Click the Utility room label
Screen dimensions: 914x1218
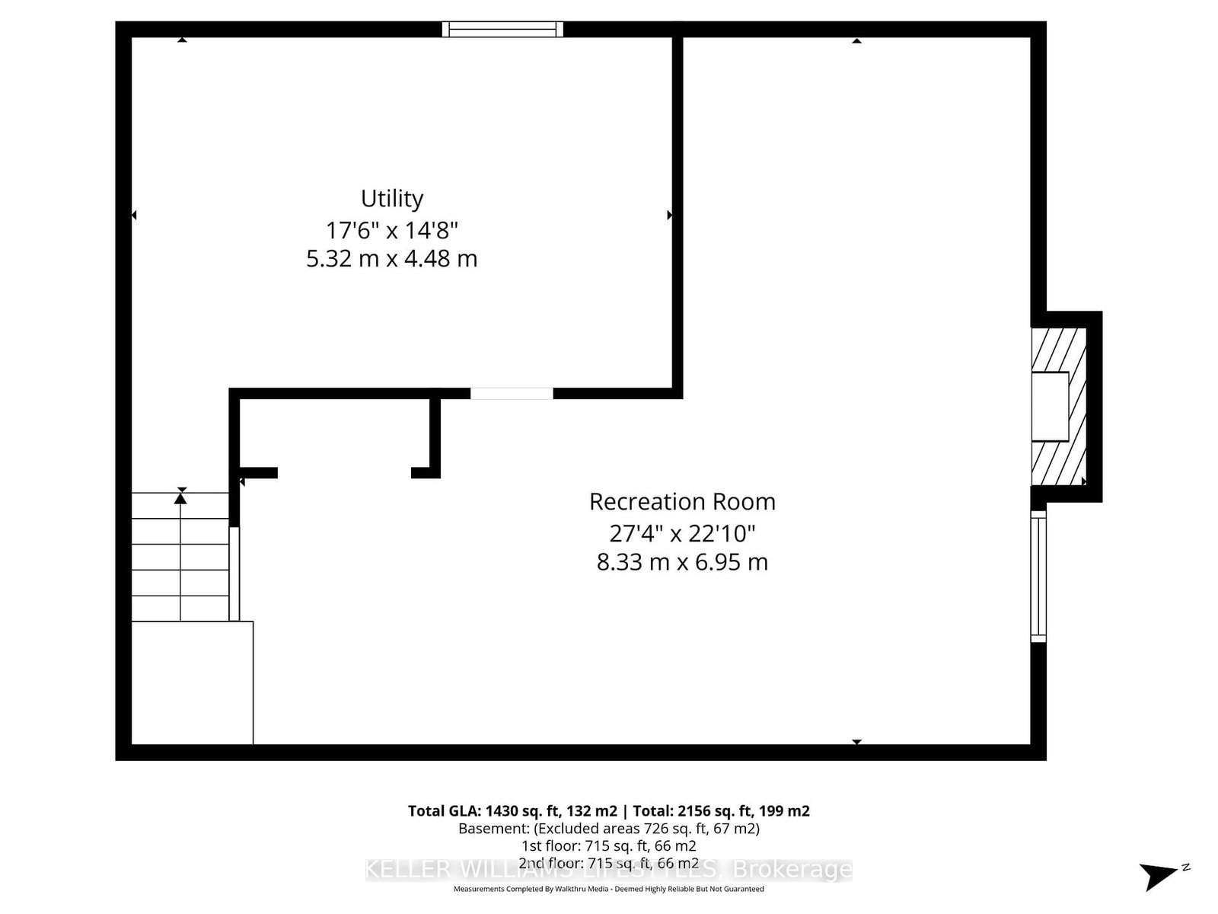click(x=392, y=198)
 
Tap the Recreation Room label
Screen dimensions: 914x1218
click(x=682, y=501)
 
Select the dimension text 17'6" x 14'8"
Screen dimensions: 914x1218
click(x=392, y=229)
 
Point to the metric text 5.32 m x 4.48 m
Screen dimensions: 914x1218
click(x=392, y=259)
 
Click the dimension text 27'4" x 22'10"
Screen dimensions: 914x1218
click(x=682, y=532)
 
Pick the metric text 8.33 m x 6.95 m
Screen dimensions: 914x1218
click(x=682, y=562)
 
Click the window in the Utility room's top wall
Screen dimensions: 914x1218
click(x=503, y=29)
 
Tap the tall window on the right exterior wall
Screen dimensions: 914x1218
click(x=1038, y=577)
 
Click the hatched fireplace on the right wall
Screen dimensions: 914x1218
click(x=1058, y=407)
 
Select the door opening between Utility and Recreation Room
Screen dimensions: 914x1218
click(x=512, y=394)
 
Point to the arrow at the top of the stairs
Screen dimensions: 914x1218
click(x=180, y=497)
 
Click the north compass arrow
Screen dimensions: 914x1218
click(x=1160, y=874)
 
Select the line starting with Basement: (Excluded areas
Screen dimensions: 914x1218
click(x=609, y=829)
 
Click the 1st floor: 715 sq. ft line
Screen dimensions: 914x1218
click(x=609, y=846)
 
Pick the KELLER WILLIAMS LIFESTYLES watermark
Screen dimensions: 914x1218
click(x=609, y=869)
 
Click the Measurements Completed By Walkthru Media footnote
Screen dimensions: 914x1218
click(x=609, y=889)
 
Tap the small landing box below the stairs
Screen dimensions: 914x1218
click(x=192, y=682)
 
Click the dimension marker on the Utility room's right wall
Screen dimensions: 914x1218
click(x=669, y=216)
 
